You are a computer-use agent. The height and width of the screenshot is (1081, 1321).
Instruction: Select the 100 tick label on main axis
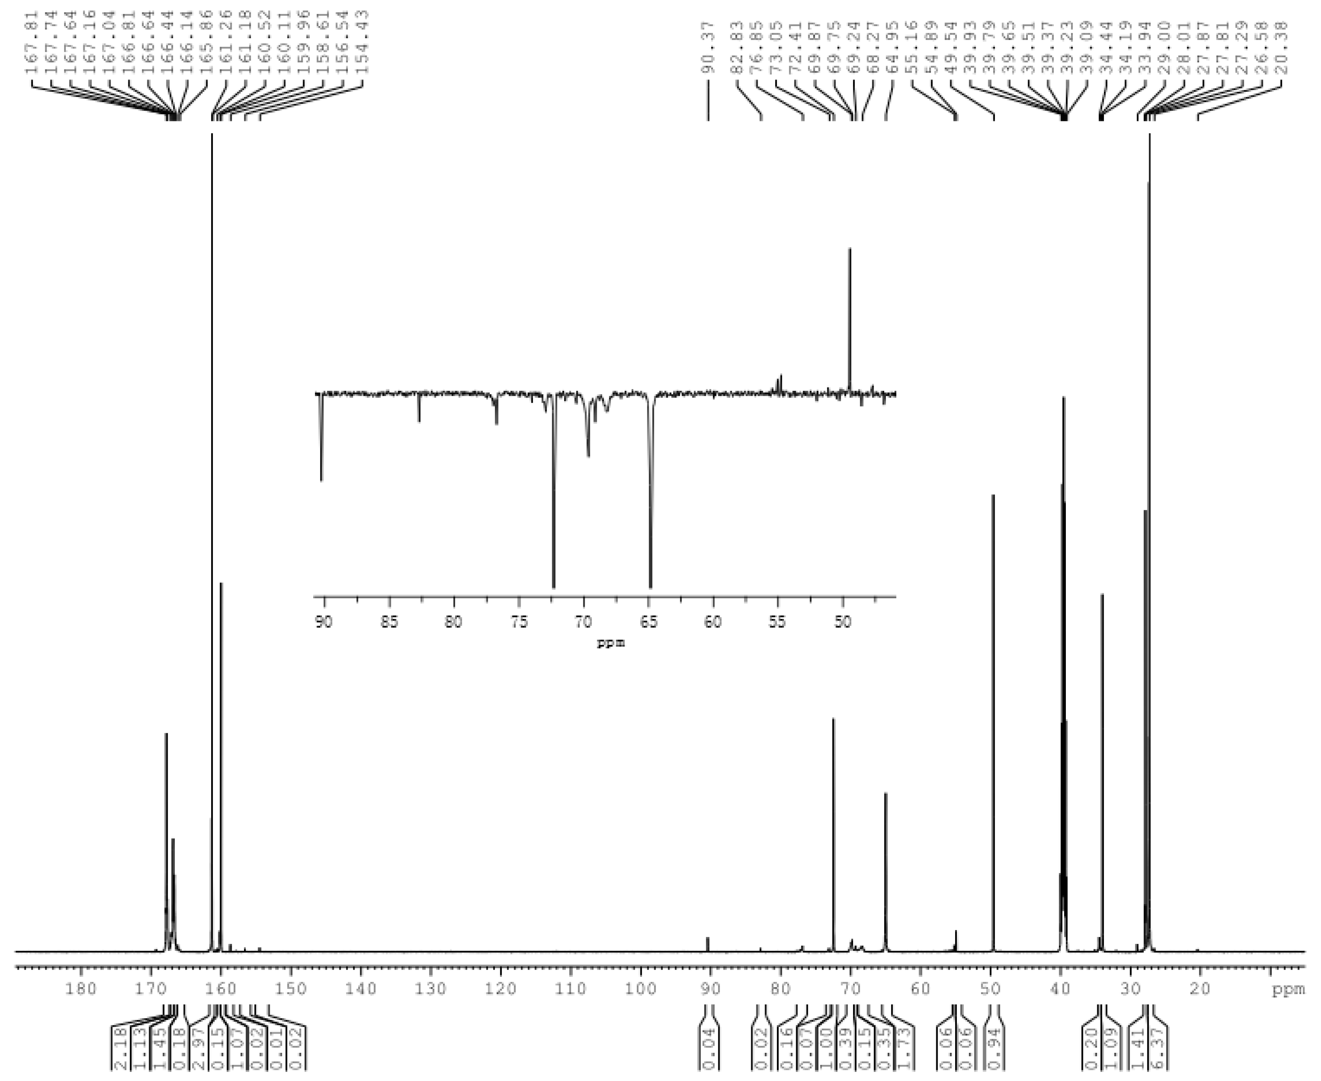click(640, 990)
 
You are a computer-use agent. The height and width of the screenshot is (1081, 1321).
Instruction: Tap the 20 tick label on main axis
click(1200, 990)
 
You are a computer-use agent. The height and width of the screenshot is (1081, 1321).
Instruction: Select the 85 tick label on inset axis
click(389, 622)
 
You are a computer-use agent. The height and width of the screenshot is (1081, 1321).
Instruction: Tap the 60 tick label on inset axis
click(713, 622)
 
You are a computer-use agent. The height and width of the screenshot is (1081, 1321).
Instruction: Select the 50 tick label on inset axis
click(842, 622)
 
